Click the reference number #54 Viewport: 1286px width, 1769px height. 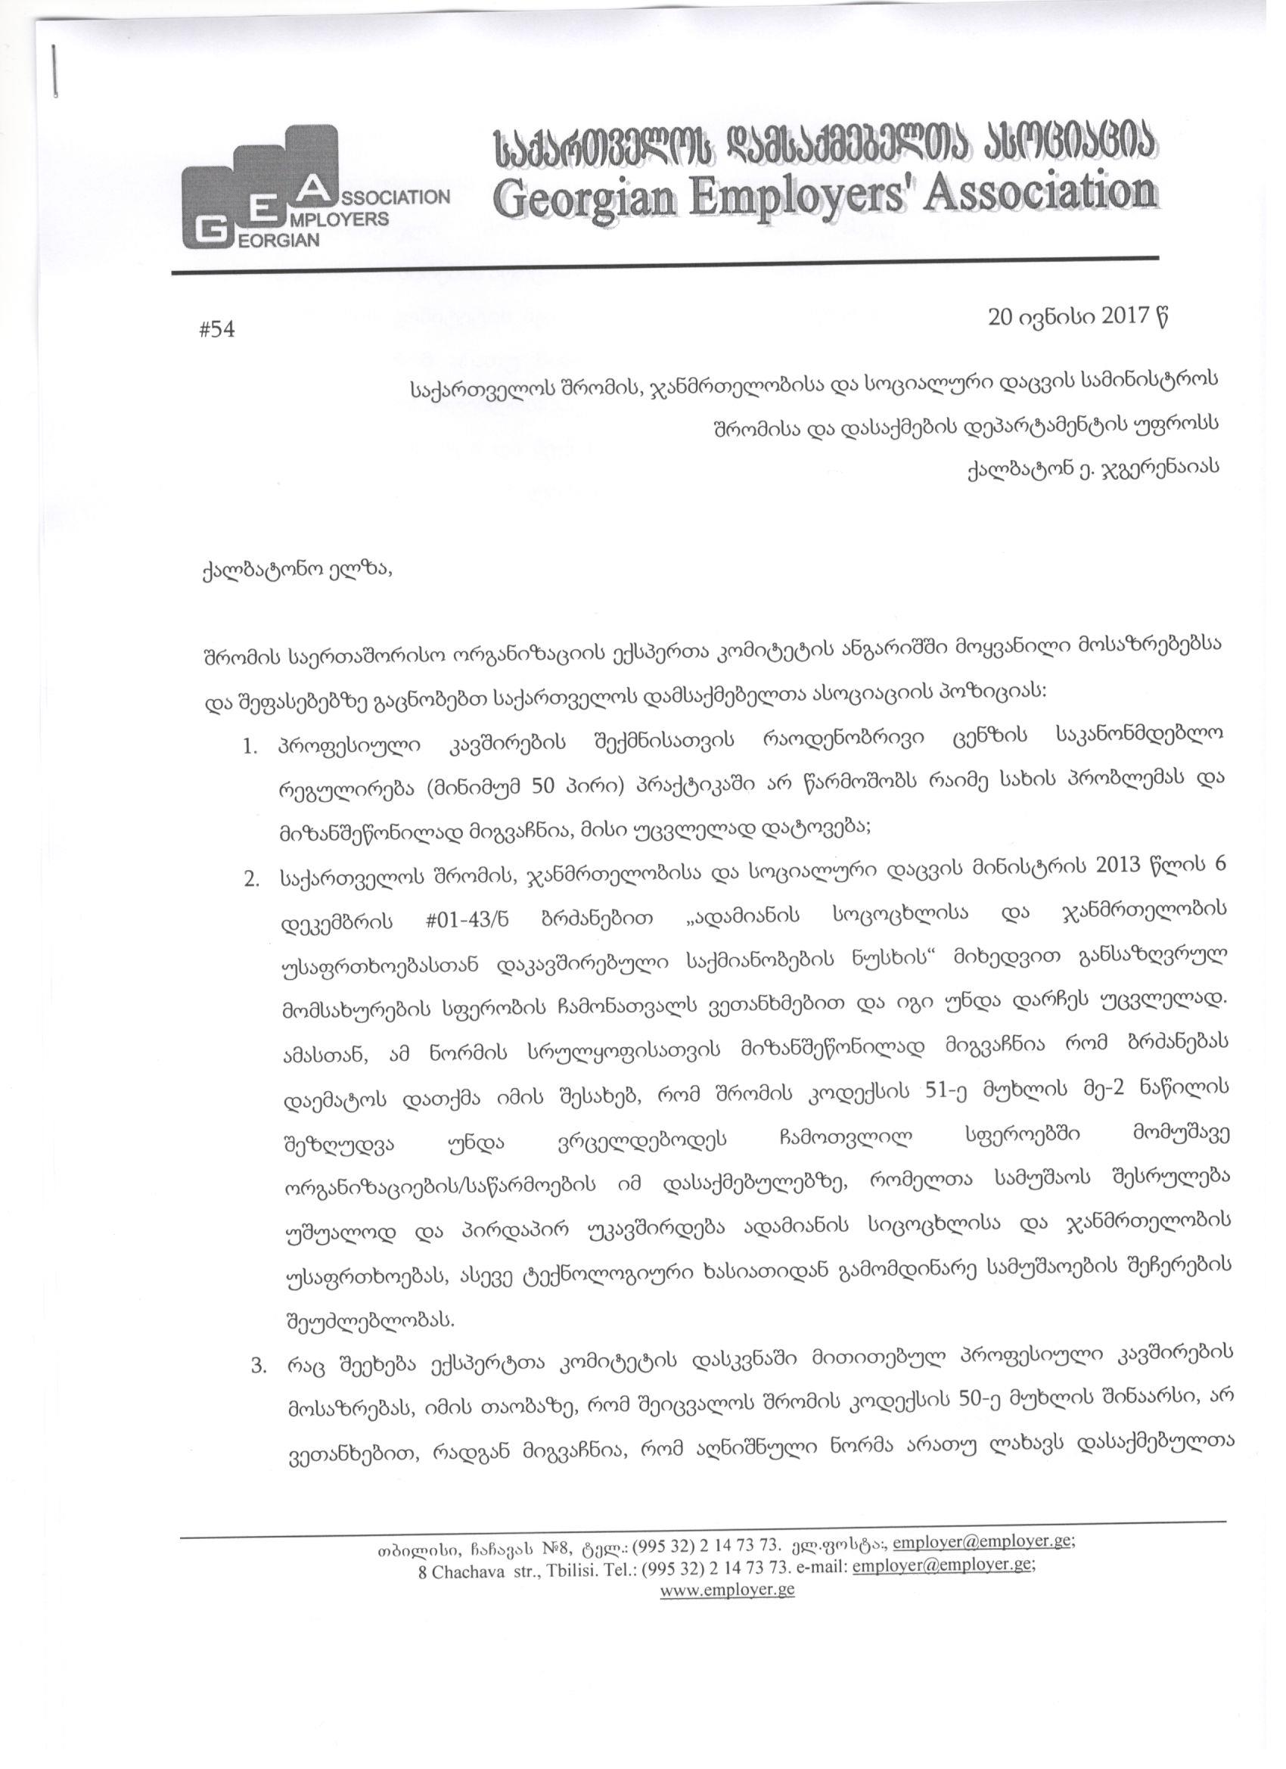point(217,330)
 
